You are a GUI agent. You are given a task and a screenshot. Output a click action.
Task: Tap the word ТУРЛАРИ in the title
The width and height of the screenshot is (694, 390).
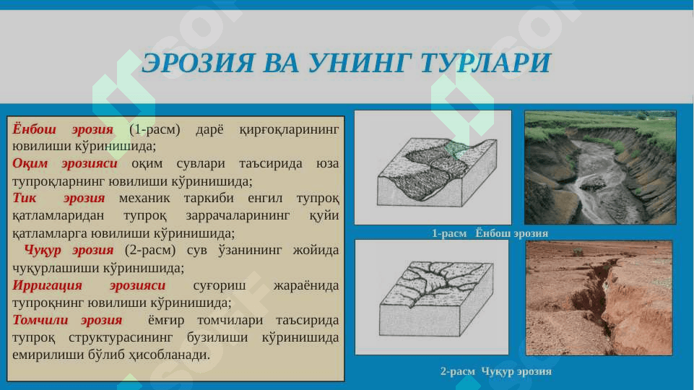[485, 62]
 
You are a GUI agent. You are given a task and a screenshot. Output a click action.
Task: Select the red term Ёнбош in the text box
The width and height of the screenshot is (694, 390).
[34, 129]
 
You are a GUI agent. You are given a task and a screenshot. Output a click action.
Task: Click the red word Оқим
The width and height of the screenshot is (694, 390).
[30, 163]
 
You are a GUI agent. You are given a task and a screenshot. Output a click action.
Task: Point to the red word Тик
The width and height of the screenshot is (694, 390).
[24, 198]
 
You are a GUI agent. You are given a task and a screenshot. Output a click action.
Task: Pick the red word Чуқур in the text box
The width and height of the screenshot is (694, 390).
[43, 251]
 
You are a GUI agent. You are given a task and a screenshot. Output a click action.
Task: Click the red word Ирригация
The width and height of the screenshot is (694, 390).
[47, 285]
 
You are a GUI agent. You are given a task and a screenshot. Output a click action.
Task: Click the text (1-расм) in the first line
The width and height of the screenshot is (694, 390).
[155, 129]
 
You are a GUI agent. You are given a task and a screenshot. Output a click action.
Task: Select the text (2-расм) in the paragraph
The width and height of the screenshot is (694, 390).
[150, 250]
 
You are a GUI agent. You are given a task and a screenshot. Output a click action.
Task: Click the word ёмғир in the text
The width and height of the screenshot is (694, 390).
[166, 321]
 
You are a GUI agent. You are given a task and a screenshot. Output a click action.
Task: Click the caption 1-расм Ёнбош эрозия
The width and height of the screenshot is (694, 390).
[490, 233]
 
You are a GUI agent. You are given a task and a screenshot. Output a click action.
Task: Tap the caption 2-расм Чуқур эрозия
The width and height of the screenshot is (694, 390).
[495, 371]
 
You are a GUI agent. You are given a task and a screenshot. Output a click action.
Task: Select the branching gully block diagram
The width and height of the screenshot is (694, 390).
[436, 298]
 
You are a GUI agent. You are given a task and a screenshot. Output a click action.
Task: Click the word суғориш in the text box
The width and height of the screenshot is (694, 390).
[219, 285]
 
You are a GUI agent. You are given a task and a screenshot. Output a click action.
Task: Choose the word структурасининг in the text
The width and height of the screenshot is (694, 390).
[121, 338]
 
